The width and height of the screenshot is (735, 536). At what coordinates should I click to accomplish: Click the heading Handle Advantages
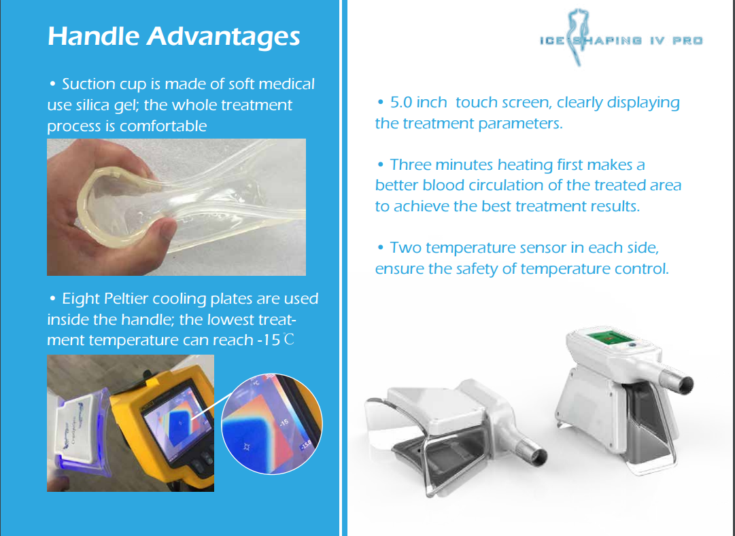(173, 37)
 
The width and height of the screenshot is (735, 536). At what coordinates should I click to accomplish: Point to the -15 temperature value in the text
(269, 340)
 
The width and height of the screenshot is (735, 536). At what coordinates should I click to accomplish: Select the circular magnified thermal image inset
(272, 424)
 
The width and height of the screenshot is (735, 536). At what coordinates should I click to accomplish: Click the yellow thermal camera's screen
(174, 418)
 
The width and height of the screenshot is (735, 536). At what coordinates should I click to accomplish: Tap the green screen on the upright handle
(609, 339)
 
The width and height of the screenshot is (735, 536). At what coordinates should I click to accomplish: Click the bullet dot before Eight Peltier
(52, 298)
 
